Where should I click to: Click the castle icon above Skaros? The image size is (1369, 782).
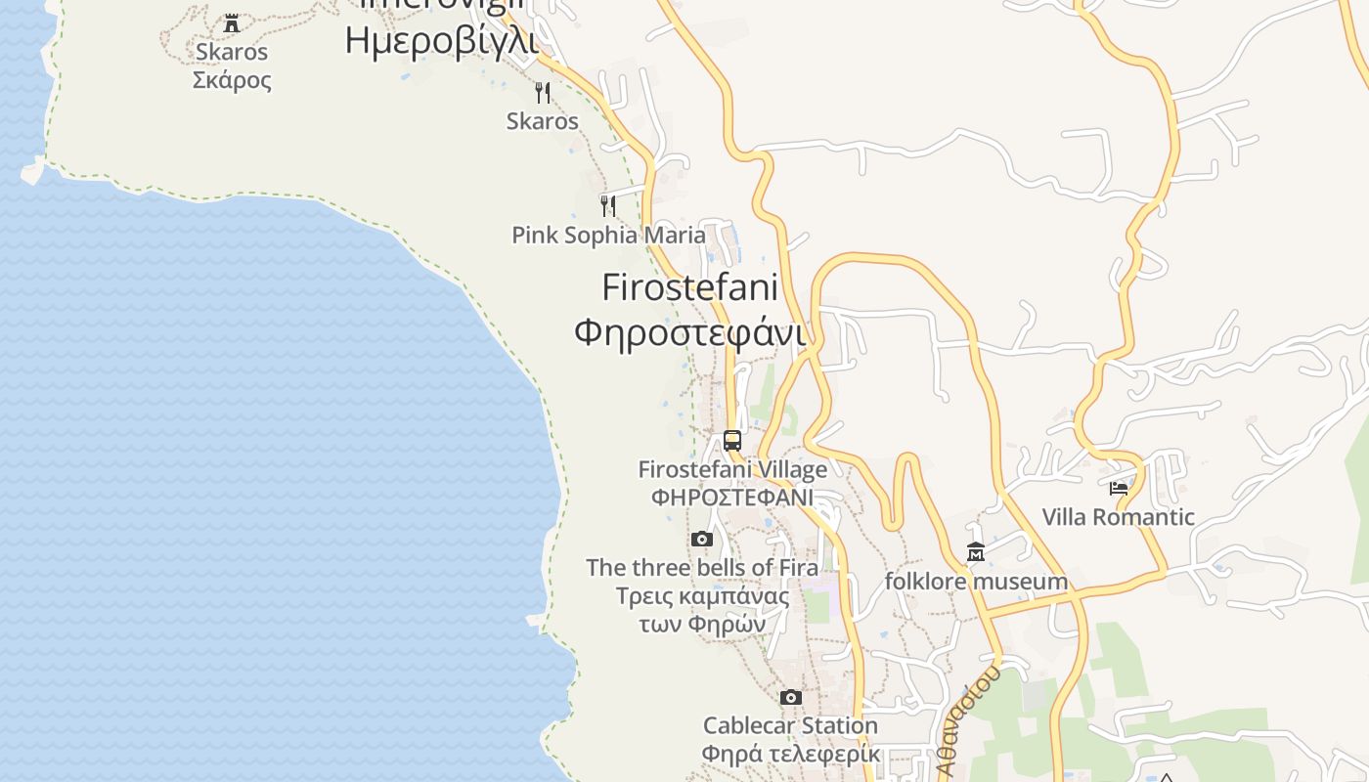232,22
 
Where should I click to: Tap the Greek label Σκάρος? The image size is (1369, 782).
232,80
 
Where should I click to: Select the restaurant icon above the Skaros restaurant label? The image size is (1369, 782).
543,93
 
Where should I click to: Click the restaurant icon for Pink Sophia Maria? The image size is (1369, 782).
608,205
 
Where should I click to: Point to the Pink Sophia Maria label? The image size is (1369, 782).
608,236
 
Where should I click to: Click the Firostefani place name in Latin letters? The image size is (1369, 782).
689,287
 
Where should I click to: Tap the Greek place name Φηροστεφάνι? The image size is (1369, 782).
689,332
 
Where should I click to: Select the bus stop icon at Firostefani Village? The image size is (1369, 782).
732,441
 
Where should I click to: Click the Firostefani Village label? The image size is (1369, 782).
732,470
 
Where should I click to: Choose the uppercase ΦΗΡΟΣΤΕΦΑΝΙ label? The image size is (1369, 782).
732,497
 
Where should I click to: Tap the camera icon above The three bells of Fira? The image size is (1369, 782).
702,539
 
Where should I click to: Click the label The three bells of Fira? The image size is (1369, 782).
702,568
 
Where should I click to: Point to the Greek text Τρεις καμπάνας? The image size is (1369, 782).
702,596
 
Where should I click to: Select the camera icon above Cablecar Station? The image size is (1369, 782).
791,697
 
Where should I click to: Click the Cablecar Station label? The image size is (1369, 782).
791,726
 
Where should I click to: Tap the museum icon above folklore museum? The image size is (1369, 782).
975,553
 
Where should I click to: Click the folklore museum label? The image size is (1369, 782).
976,583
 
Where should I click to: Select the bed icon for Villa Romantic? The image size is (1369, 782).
1119,488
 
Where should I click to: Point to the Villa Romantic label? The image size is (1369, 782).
1119,517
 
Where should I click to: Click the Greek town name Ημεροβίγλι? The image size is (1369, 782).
441,41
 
